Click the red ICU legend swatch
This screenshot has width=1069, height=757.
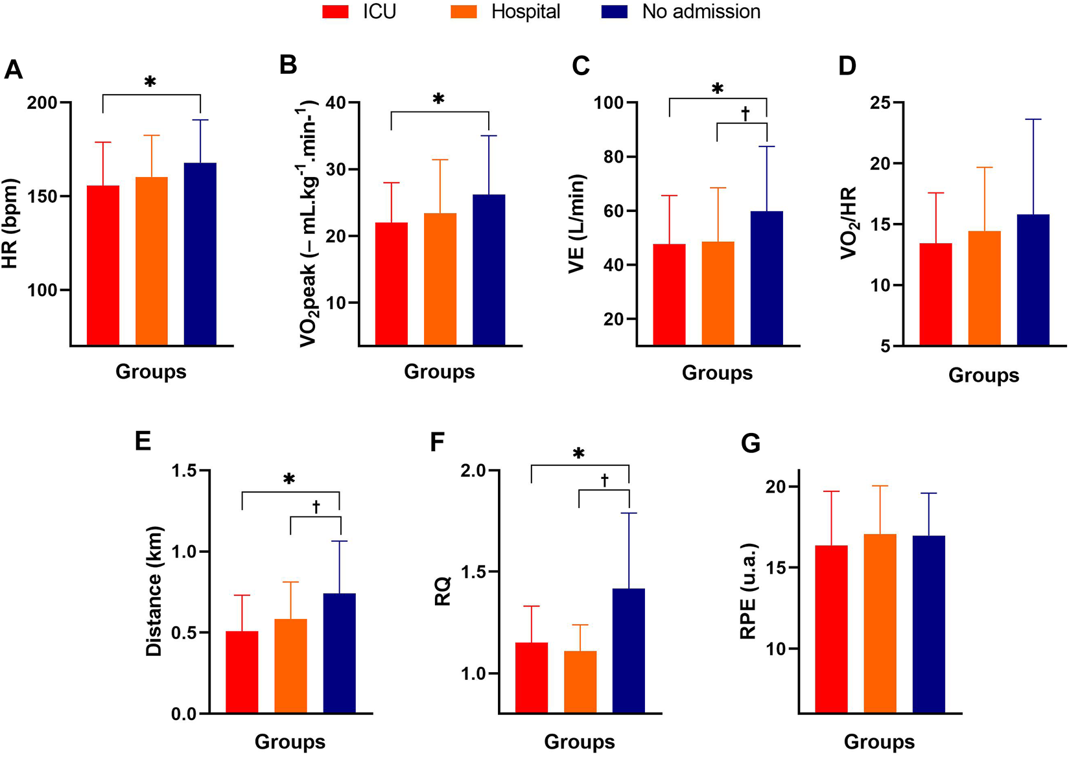[x=335, y=12]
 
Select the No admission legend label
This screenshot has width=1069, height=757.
[x=701, y=12]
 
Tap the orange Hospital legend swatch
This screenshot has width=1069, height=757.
[x=464, y=12]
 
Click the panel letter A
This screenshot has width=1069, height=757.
[x=13, y=69]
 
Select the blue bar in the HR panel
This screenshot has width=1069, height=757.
[x=200, y=253]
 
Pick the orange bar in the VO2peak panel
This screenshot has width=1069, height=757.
[x=440, y=279]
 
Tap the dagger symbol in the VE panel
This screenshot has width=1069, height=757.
[x=745, y=114]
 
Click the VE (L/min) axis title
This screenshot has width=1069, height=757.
[x=576, y=224]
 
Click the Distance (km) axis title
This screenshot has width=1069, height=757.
[x=154, y=591]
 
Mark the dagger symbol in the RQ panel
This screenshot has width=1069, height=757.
[x=604, y=480]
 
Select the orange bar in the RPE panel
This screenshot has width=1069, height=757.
[x=880, y=623]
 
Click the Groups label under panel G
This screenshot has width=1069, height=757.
[x=879, y=741]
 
